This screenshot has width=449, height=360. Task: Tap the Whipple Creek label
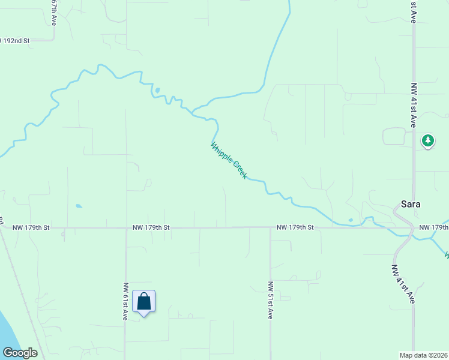(229, 160)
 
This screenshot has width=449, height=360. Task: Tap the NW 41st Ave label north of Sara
(413, 105)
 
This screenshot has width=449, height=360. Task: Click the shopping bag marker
(144, 301)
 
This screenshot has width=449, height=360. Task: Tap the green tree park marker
(427, 141)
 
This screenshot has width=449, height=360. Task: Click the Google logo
(20, 353)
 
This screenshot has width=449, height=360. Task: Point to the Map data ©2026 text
(424, 355)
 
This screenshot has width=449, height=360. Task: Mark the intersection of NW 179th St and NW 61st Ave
(125, 228)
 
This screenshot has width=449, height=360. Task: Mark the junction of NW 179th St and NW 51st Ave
(270, 227)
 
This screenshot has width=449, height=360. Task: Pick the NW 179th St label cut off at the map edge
(433, 227)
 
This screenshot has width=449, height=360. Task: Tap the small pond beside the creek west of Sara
(351, 220)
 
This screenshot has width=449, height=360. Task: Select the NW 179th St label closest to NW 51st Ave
(295, 227)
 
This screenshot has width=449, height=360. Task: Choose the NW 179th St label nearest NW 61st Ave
(151, 228)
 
